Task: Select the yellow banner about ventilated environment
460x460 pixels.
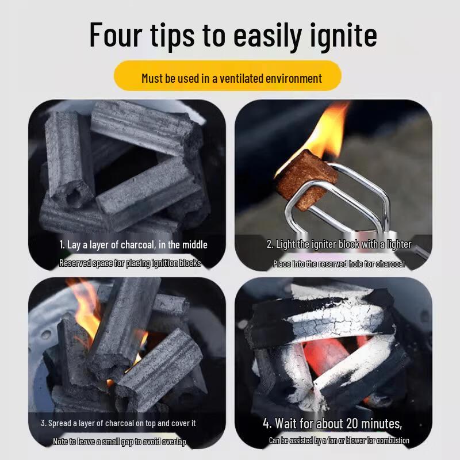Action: click(228, 76)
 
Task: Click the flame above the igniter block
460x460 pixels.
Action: click(325, 129)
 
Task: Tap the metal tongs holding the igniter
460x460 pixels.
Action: click(351, 198)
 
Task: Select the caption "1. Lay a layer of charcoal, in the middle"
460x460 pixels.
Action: click(133, 244)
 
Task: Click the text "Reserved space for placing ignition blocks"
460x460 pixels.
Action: click(130, 263)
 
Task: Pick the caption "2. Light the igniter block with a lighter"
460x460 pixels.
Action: click(339, 244)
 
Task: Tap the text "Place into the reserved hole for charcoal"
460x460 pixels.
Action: click(339, 264)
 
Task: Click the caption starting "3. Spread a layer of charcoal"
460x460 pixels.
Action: click(118, 423)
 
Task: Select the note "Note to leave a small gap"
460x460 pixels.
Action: click(120, 442)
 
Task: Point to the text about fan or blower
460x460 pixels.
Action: click(339, 440)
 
